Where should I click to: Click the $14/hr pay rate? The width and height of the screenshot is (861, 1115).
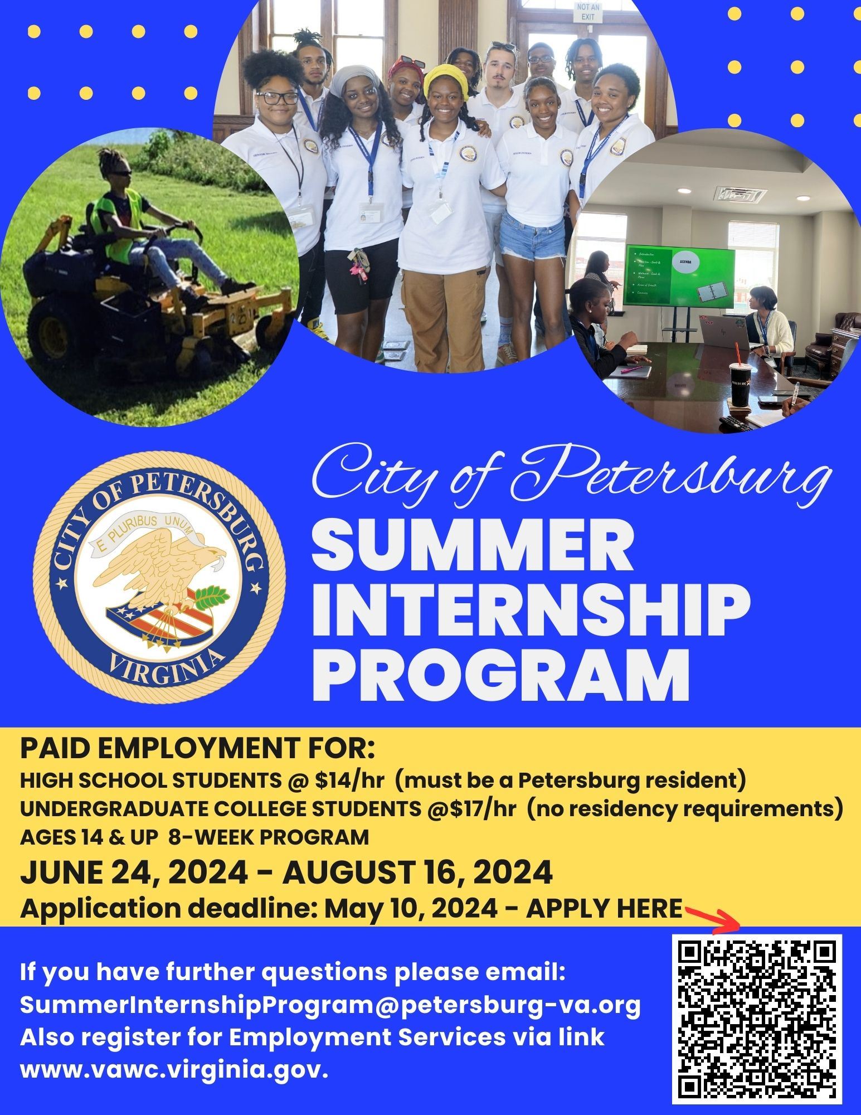[349, 780]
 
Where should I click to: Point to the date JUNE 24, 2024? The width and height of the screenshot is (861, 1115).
[134, 872]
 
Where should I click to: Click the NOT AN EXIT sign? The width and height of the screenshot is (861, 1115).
[590, 12]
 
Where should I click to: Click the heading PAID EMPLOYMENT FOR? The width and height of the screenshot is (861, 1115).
[198, 750]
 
